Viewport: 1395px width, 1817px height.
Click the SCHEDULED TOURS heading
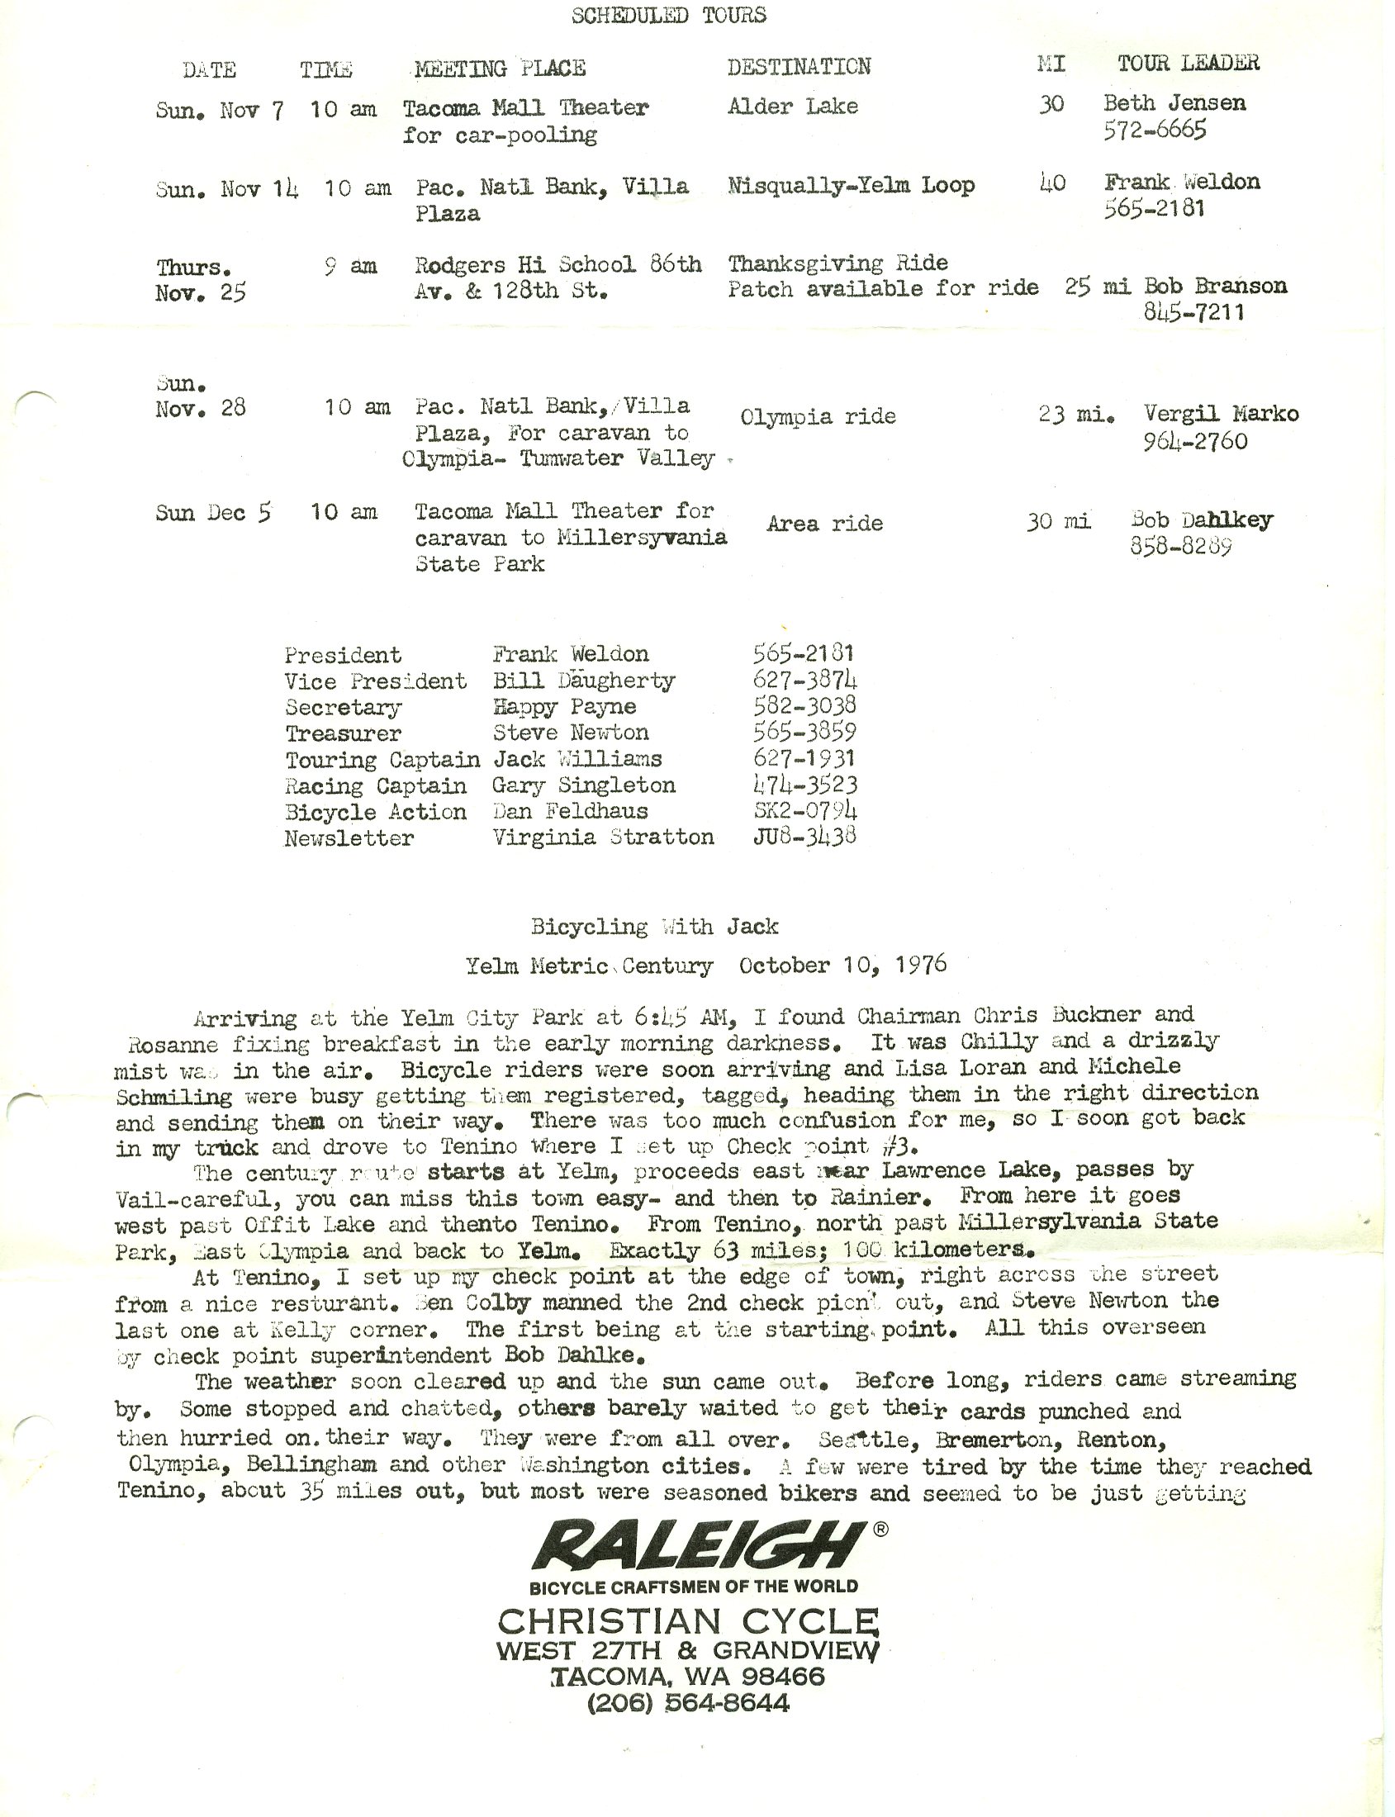click(668, 16)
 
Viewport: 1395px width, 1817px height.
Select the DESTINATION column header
click(799, 66)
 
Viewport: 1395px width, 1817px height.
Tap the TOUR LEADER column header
click(1189, 63)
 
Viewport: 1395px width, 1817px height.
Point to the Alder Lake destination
click(792, 107)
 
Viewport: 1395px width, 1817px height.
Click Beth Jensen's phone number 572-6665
click(1154, 130)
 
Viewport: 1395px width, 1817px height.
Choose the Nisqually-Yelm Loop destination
click(850, 185)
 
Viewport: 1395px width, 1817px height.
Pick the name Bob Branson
click(1216, 287)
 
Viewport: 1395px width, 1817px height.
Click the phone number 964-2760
click(1195, 441)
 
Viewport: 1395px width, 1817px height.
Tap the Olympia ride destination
click(818, 416)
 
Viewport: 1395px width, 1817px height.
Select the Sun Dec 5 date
click(213, 512)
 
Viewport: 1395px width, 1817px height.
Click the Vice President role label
click(375, 682)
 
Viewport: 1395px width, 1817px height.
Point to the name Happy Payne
click(565, 707)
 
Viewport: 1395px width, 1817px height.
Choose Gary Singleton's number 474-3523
click(804, 785)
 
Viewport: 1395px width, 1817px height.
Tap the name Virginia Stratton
click(603, 837)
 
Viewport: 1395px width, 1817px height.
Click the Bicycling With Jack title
click(654, 927)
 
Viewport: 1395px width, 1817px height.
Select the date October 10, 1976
click(842, 965)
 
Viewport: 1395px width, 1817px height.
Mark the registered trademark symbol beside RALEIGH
click(881, 1529)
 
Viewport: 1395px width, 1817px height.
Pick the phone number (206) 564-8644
click(688, 1704)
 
